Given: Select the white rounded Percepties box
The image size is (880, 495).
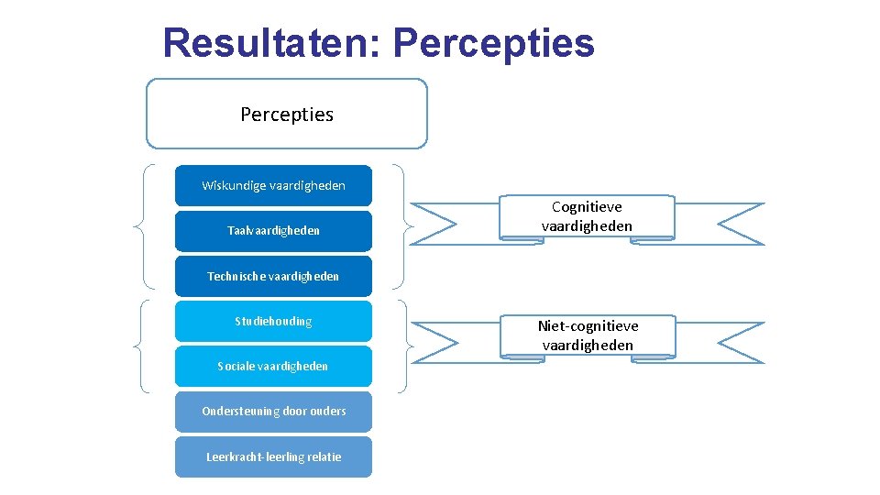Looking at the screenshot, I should (287, 114).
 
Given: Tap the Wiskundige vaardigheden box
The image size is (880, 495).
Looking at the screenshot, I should (273, 185).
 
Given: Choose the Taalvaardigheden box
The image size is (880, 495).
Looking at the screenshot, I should (273, 231).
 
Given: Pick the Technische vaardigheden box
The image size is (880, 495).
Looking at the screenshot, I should (273, 276).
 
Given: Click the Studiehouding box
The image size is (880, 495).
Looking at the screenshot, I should (273, 321).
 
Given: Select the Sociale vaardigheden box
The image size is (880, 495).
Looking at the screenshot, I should (273, 366).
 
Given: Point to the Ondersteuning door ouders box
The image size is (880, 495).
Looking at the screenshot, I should (273, 411).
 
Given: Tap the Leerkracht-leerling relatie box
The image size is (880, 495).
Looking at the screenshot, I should (273, 456).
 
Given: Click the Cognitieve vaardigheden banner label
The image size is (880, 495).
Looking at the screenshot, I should (587, 216).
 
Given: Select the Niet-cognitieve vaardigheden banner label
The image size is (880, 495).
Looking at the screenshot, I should (588, 335).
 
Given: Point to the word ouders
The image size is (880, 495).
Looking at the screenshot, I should (327, 411).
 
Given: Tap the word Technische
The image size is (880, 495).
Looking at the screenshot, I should (234, 276).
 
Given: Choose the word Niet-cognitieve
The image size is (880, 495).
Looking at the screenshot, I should (588, 325).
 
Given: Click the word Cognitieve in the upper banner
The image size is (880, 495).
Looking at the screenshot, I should (587, 207).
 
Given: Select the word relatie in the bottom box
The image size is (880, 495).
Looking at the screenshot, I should (324, 456).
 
